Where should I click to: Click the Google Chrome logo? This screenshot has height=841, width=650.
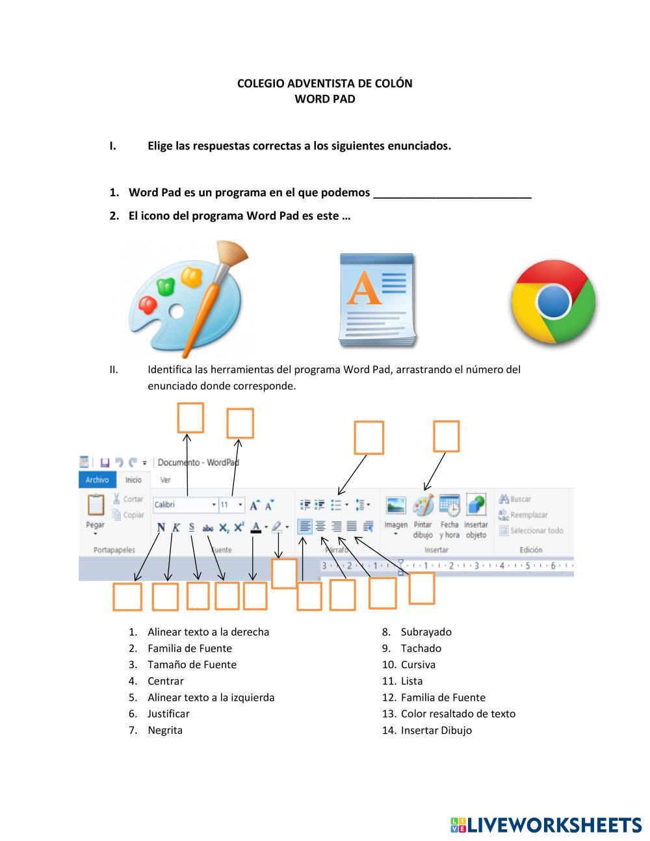[553, 302]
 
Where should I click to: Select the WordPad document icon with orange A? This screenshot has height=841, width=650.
[376, 300]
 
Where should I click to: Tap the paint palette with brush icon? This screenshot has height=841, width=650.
[187, 298]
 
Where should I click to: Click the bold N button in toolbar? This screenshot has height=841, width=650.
[161, 527]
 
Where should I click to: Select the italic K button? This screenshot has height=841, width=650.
[175, 527]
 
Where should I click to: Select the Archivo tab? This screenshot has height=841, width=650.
[97, 480]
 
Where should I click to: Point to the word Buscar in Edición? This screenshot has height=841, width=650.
[520, 499]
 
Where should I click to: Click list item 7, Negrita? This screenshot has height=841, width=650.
[165, 730]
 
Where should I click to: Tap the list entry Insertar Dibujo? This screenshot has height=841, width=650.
[436, 730]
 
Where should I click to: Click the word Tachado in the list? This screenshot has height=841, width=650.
[421, 648]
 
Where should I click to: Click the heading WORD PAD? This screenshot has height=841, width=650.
[324, 99]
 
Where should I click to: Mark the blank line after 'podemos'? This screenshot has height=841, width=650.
[452, 193]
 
